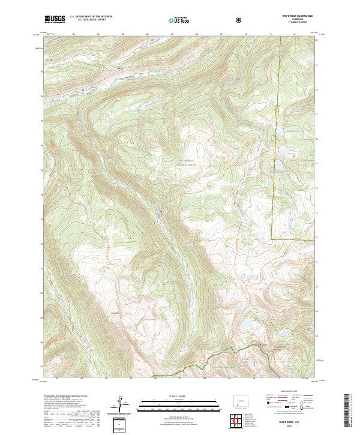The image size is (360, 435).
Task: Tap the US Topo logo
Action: point(176,20)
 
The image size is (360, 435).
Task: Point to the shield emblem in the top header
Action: point(240,20)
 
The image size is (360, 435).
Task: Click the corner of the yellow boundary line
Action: point(271,239)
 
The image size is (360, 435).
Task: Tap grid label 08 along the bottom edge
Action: point(205,379)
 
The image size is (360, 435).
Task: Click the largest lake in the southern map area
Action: point(246,326)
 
